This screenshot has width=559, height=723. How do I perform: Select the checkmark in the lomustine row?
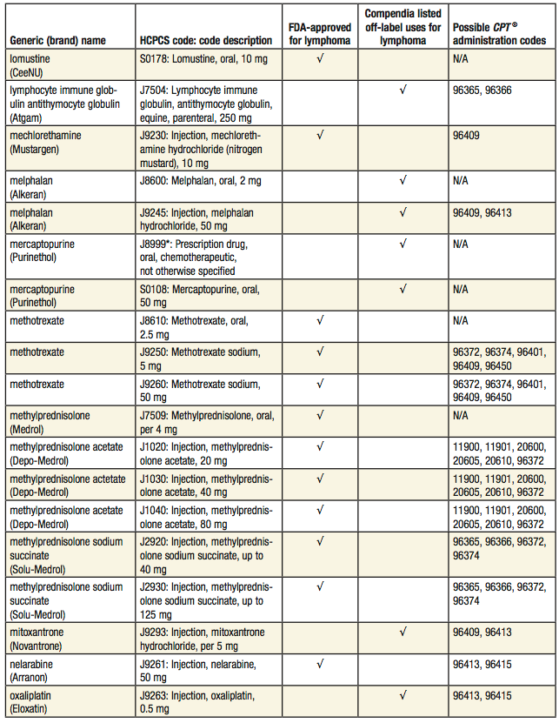320,59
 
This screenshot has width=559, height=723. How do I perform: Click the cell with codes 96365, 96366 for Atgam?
482,89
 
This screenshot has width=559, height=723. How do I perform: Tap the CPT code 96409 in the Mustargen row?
467,136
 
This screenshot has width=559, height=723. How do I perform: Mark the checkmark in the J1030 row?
320,478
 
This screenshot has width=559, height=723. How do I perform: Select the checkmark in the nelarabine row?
320,665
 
